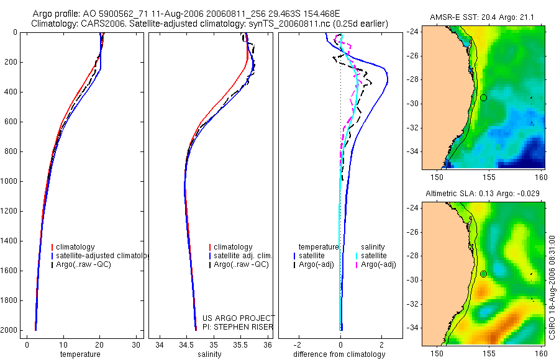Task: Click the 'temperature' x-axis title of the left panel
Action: (80, 354)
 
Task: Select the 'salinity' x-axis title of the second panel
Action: (209, 354)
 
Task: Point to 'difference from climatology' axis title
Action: (340, 354)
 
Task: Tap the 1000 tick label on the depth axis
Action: (10, 181)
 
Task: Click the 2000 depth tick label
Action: (10, 330)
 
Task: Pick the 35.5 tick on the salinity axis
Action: (242, 344)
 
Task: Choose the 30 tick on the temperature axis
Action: (135, 344)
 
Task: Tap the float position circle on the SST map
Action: (483, 97)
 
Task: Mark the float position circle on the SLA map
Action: (483, 274)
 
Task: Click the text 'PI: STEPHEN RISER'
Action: (238, 327)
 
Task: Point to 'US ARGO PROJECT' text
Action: (238, 318)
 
